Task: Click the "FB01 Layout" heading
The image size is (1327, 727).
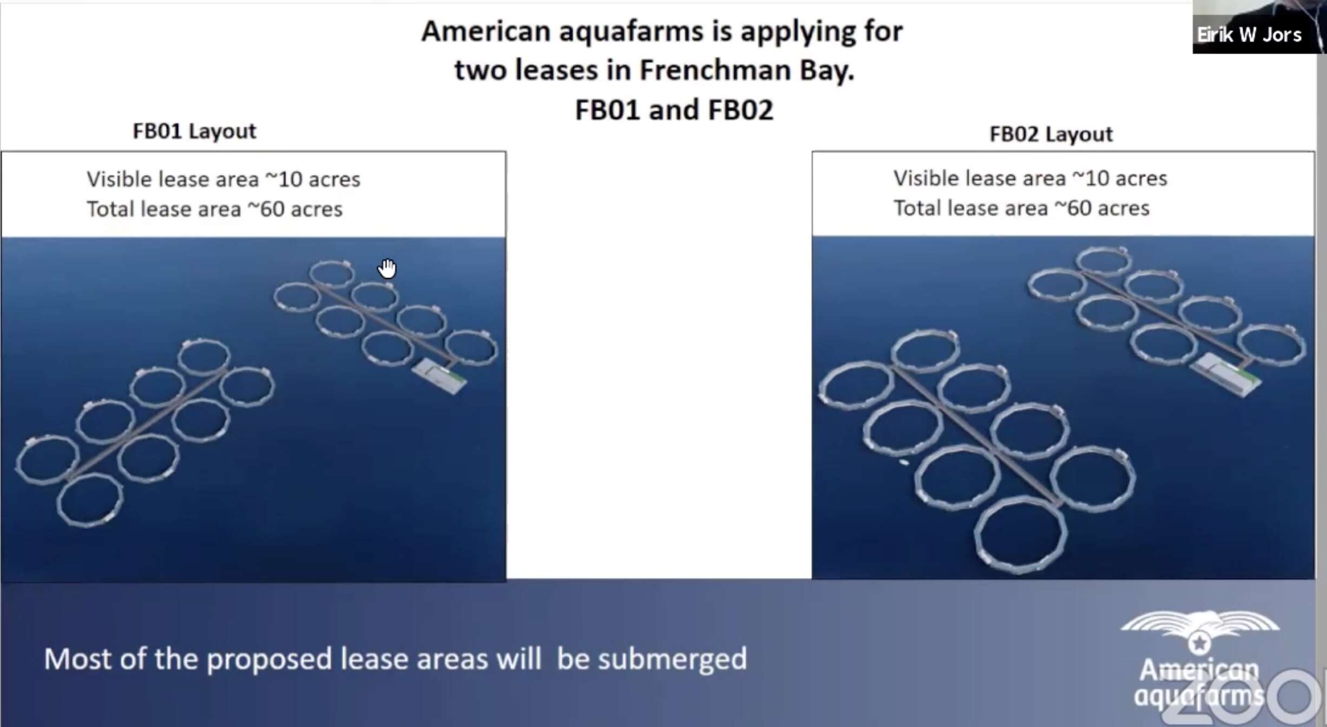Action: pyautogui.click(x=194, y=131)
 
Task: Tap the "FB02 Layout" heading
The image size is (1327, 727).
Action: pyautogui.click(x=1051, y=134)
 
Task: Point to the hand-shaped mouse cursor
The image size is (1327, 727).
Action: pyautogui.click(x=387, y=268)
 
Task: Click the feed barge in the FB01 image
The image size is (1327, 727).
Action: pyautogui.click(x=439, y=375)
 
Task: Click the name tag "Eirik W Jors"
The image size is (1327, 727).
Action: pyautogui.click(x=1249, y=35)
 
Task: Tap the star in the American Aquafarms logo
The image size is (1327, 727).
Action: pyautogui.click(x=1199, y=643)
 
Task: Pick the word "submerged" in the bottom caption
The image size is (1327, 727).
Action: pyautogui.click(x=672, y=659)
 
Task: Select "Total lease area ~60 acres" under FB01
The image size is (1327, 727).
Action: pyautogui.click(x=215, y=209)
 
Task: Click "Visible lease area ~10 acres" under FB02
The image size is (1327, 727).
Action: pyautogui.click(x=1030, y=179)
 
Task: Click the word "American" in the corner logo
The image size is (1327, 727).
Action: pyautogui.click(x=1199, y=671)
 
